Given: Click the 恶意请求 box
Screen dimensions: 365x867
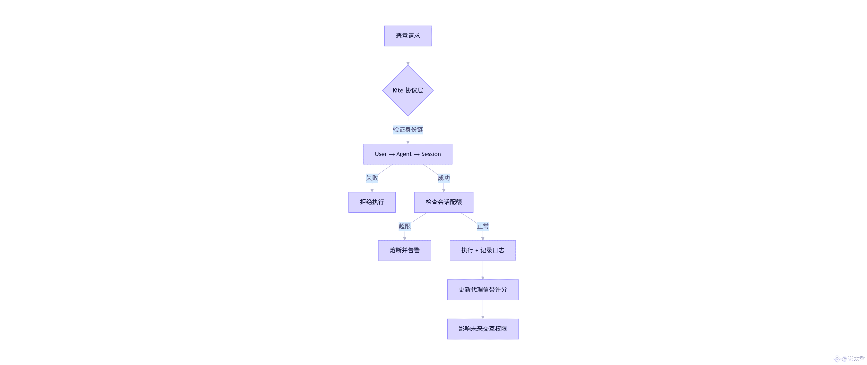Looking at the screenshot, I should pos(407,36).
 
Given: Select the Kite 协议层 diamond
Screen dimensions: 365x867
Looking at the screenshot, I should pos(407,91).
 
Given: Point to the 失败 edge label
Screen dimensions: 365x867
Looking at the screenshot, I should pos(372,178).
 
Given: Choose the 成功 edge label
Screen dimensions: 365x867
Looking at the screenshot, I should pos(444,178).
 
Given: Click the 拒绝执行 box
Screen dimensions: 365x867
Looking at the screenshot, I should pos(372,202).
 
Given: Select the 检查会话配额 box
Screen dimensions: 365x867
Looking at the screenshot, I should pos(444,202).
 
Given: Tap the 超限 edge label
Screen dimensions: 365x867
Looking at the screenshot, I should pos(405,226).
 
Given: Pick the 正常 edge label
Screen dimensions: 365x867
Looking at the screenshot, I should pos(483,226).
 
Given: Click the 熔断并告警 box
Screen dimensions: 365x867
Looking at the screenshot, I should pos(405,250).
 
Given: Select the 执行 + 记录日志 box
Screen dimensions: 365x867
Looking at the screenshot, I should pos(483,250).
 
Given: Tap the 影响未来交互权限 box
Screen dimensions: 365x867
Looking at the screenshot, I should pos(483,329).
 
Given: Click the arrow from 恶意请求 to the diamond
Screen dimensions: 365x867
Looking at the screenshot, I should pos(408,56).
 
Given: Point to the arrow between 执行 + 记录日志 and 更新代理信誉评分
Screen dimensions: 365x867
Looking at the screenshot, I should pos(483,270).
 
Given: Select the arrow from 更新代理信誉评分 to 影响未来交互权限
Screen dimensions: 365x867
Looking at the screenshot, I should pos(483,309).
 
